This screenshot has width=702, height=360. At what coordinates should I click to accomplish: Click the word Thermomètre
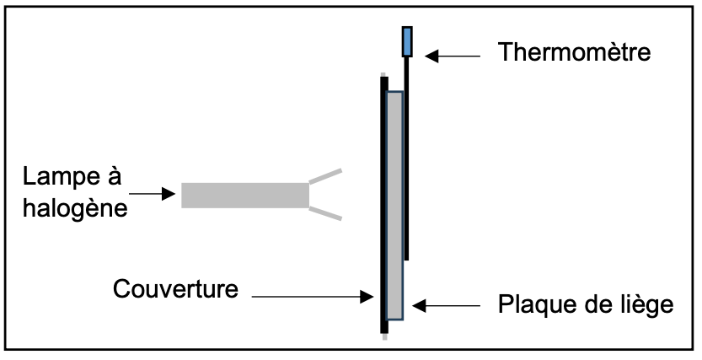(x=574, y=53)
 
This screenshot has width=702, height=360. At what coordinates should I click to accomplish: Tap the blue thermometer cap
(x=408, y=41)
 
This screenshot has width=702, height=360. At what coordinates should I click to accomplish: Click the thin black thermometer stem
(x=406, y=169)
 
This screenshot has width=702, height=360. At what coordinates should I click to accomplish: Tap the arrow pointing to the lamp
(x=155, y=194)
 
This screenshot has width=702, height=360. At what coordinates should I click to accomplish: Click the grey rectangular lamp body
(x=245, y=195)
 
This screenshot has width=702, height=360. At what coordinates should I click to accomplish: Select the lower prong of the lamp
(x=326, y=213)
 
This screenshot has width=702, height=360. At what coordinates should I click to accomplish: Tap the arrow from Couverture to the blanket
(x=312, y=296)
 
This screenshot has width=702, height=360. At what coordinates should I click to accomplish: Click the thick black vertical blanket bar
(x=383, y=202)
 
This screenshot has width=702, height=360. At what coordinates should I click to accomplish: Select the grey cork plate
(x=394, y=202)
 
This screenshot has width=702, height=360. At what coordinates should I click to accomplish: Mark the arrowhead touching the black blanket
(x=368, y=296)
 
